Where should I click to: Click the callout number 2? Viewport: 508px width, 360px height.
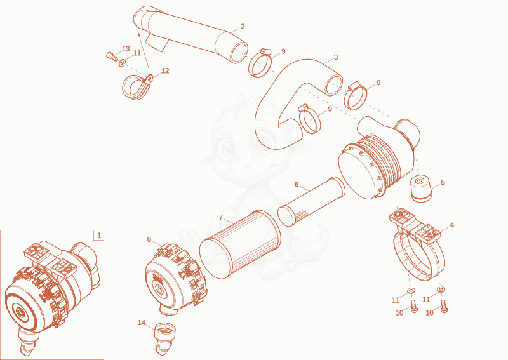tap(243, 27)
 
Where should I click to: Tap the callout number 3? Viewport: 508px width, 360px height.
tap(336, 57)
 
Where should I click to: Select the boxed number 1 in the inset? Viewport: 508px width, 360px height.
tap(99, 236)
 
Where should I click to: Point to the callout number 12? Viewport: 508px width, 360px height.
tap(165, 70)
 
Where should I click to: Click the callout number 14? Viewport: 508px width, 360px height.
tap(141, 323)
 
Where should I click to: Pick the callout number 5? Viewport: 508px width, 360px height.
tap(443, 182)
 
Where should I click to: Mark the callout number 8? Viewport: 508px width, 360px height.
tap(149, 239)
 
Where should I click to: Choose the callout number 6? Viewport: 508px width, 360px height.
tap(297, 185)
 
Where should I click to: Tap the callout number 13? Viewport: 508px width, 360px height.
tap(126, 49)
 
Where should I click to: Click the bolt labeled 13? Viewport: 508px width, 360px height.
tap(112, 56)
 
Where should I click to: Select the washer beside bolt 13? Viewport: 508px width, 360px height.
tap(123, 62)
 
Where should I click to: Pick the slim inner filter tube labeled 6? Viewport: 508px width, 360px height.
tap(311, 201)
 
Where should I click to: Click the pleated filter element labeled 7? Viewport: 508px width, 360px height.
tap(240, 244)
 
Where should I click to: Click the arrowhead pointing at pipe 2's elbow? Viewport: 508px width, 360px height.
tap(138, 34)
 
